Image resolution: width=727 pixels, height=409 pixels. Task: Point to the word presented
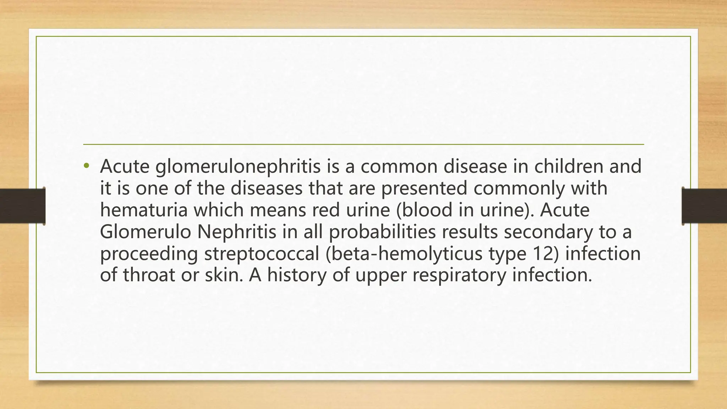click(x=424, y=189)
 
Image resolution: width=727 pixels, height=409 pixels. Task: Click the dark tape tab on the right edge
click(x=704, y=206)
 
